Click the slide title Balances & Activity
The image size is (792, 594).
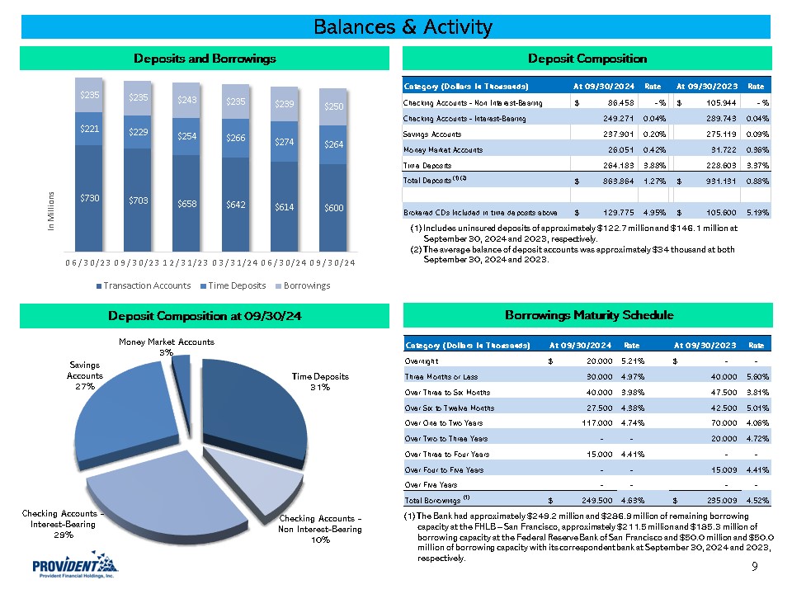pos(403,27)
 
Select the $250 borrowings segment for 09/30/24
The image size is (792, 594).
pos(333,106)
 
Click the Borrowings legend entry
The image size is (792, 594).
pos(306,285)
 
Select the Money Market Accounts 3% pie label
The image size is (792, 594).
pos(166,346)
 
